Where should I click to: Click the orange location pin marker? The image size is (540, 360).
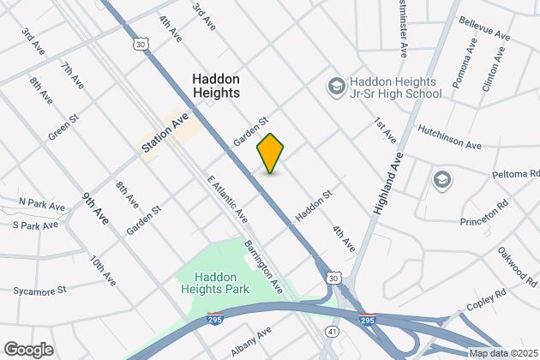click(270, 153)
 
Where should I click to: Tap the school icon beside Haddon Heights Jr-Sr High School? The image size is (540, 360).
click(336, 87)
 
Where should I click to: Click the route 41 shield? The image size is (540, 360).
click(331, 328)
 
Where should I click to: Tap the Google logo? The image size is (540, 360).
click(28, 349)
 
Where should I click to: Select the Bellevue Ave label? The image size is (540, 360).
click(485, 21)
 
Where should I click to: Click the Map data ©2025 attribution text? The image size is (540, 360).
click(500, 353)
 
